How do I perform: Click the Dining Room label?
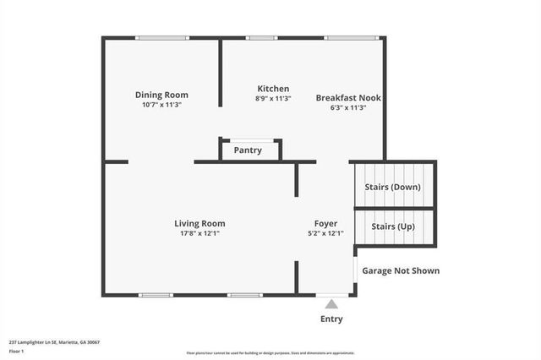tap(161, 95)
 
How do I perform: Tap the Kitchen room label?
tap(273, 89)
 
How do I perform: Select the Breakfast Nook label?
tap(348, 98)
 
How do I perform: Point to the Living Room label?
tap(199, 224)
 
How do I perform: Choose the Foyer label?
tap(325, 224)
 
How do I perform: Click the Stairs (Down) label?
tap(392, 187)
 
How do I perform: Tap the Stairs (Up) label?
tap(392, 228)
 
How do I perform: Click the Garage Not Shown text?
tap(401, 271)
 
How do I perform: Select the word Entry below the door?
tap(331, 319)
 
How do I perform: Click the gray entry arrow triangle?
tap(331, 303)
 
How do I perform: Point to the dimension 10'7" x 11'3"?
tap(161, 106)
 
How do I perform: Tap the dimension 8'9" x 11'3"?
tap(273, 99)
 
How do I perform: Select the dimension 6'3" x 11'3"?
tap(348, 108)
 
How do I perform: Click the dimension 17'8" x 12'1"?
tap(199, 234)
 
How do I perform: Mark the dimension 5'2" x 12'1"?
tap(325, 234)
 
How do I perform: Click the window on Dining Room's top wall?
tap(162, 37)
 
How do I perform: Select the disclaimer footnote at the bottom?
tap(270, 353)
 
